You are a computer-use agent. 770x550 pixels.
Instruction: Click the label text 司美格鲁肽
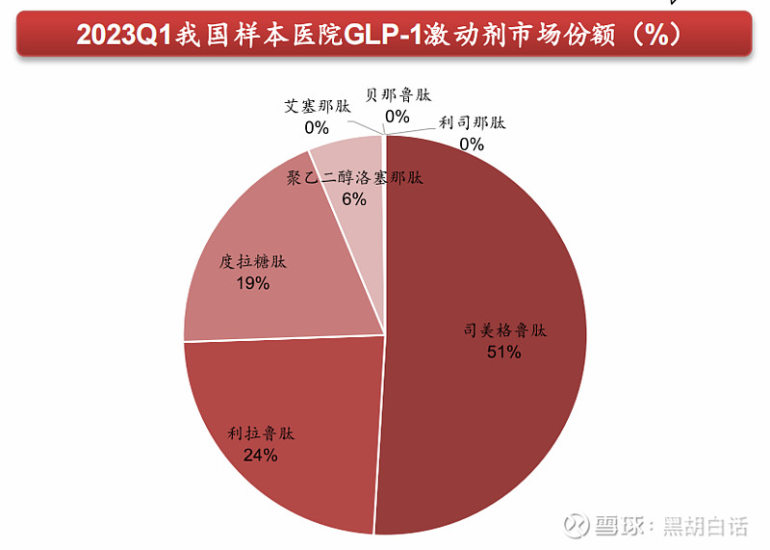click(x=504, y=330)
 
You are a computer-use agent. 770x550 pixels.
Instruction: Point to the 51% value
click(x=504, y=353)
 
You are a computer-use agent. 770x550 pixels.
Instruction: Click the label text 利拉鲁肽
click(x=261, y=434)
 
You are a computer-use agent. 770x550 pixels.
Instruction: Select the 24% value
click(x=261, y=456)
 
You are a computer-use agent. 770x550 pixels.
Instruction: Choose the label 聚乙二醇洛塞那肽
click(x=355, y=178)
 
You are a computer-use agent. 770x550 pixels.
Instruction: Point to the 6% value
click(x=354, y=199)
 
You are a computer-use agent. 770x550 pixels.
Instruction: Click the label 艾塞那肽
click(x=317, y=106)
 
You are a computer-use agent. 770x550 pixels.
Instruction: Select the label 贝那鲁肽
click(x=398, y=95)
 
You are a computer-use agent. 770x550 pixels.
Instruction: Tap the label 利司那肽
click(x=472, y=123)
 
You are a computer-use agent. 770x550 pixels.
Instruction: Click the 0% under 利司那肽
click(x=472, y=144)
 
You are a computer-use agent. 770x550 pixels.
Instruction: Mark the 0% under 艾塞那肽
click(x=317, y=127)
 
